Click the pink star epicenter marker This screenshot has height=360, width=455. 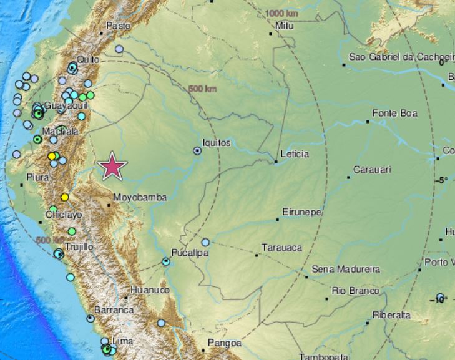(x=113, y=166)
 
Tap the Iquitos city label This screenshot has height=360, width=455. (x=217, y=143)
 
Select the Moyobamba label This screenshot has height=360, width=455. (x=140, y=198)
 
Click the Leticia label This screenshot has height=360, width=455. (x=295, y=153)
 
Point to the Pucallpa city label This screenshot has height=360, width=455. (x=190, y=253)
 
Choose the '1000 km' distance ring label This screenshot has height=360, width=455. (x=281, y=13)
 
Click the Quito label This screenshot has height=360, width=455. (x=86, y=58)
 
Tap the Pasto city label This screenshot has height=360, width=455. (x=119, y=26)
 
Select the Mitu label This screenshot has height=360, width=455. (x=284, y=26)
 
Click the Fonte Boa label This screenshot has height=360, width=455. (x=394, y=114)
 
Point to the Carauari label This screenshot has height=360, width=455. (x=373, y=170)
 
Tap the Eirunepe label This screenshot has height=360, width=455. (x=302, y=212)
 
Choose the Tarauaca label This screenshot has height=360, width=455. (x=281, y=248)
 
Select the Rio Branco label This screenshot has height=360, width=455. (x=356, y=291)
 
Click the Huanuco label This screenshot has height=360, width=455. (x=150, y=290)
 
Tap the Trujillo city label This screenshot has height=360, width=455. (x=79, y=246)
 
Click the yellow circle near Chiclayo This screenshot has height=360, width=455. (x=64, y=197)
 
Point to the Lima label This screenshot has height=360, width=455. (x=123, y=342)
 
